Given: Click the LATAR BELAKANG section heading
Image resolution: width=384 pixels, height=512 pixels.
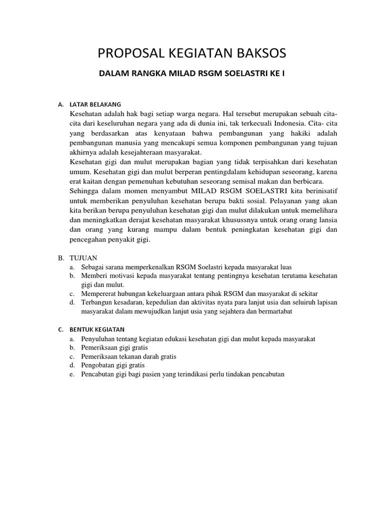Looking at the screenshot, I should coord(95,104).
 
